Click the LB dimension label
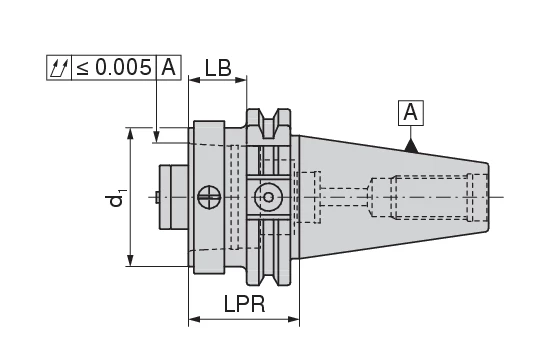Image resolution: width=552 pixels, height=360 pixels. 218,68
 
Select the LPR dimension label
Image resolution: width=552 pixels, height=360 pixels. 245,304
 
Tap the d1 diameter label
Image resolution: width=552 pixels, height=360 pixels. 115,198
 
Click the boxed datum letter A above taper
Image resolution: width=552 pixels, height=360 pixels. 410,113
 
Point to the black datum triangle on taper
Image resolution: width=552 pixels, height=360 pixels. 411,147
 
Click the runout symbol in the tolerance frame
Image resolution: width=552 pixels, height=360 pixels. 59,68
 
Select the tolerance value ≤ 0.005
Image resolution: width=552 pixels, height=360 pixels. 114,68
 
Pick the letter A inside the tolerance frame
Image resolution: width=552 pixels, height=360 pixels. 168,67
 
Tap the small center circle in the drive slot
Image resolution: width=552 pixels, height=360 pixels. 268,197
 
